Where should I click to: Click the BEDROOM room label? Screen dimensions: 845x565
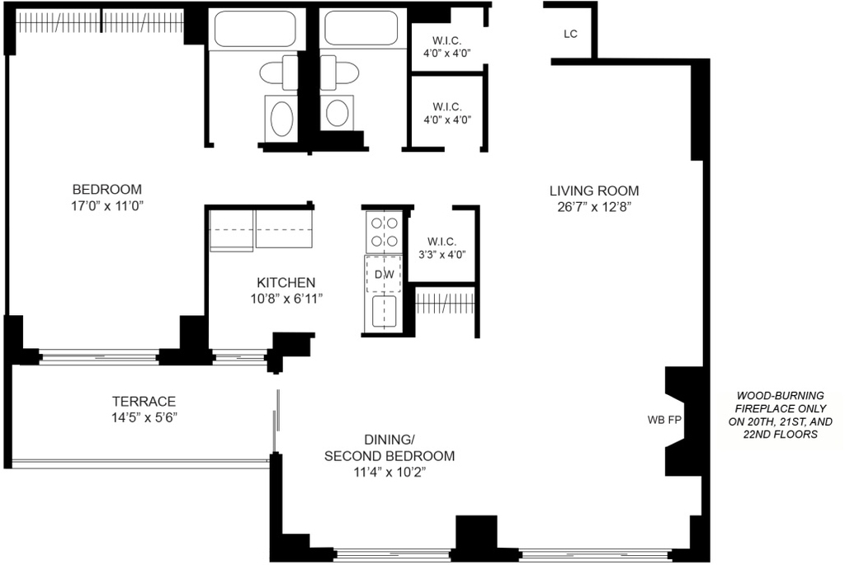pos(107,190)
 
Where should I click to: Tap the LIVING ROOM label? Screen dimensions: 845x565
pos(594,191)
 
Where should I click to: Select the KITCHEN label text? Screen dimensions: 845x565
pos(286,283)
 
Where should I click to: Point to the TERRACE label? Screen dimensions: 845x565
pos(144,402)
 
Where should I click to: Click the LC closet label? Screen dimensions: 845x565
pos(570,34)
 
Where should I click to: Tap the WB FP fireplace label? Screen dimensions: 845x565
pos(664,420)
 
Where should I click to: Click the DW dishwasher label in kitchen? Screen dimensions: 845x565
pos(385,275)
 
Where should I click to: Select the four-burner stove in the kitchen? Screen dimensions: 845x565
pos(384,232)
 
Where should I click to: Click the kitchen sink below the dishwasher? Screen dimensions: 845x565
pos(384,311)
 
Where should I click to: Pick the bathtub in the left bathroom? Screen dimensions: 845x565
pos(255,28)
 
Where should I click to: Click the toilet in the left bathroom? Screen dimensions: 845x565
pos(279,73)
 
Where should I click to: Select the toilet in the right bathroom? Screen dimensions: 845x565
pos(340,73)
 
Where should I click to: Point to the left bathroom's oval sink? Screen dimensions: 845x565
pos(282,119)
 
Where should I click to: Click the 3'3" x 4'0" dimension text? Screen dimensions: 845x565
pos(442,255)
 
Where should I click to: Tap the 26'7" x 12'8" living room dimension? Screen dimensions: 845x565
pos(594,207)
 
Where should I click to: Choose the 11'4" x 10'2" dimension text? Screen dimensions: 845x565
pos(389,473)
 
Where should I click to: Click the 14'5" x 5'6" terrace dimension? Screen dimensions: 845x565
pos(144,418)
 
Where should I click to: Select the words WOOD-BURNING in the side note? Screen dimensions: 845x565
pos(781,396)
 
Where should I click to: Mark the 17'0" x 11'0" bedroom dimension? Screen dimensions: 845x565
pos(107,205)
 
